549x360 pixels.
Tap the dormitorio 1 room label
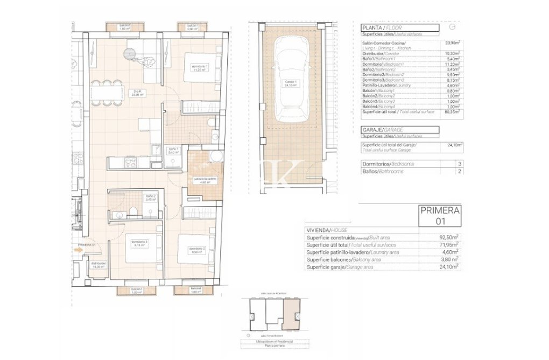pyautogui.click(x=200, y=68)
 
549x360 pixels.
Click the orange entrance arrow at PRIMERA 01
pyautogui.click(x=79, y=250)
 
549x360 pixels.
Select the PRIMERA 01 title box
pyautogui.click(x=440, y=216)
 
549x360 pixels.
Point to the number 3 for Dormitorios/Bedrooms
pyautogui.click(x=459, y=164)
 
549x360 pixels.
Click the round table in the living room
pyautogui.click(x=130, y=54)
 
